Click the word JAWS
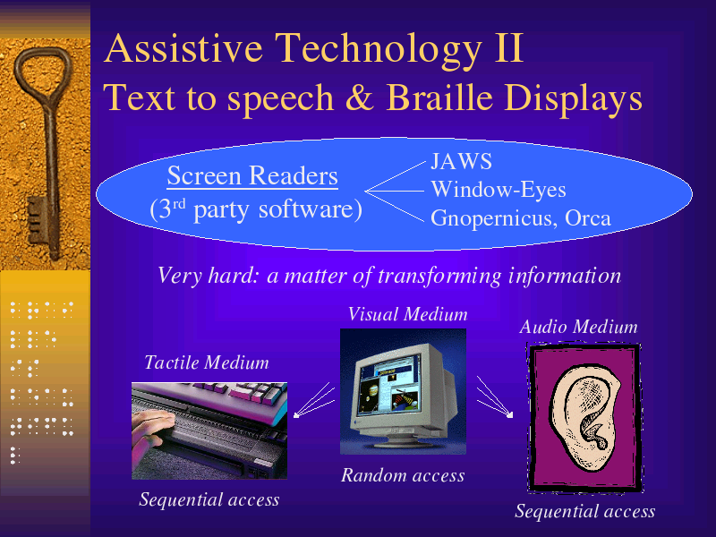[x=461, y=161]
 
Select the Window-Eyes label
[x=499, y=190]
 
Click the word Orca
[x=588, y=217]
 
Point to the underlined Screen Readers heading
[x=252, y=175]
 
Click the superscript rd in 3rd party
[x=178, y=203]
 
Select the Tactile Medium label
[x=207, y=362]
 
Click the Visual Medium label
[x=408, y=314]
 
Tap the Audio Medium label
[x=578, y=327]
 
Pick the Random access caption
[x=403, y=475]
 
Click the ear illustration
[x=585, y=418]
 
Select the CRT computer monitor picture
[x=404, y=391]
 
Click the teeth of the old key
[x=37, y=220]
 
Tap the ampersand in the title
[x=360, y=98]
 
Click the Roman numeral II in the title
[x=508, y=48]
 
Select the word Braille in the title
[x=439, y=97]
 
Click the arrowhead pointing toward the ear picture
[x=509, y=413]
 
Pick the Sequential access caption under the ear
[x=585, y=511]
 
